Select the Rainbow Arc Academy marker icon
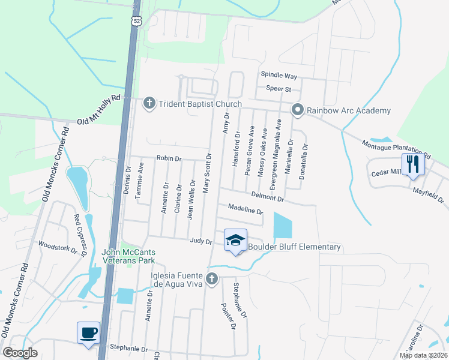point(297,110)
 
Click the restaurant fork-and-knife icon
point(412,164)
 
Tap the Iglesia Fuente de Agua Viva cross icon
point(211,279)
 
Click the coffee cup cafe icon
point(89,332)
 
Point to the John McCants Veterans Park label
point(129,256)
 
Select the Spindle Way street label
point(279,76)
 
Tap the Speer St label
point(279,89)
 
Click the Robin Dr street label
point(169,158)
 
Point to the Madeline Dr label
point(245,209)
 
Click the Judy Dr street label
point(201,241)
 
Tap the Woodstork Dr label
point(58,247)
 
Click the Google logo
point(20,353)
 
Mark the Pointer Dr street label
point(228,316)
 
